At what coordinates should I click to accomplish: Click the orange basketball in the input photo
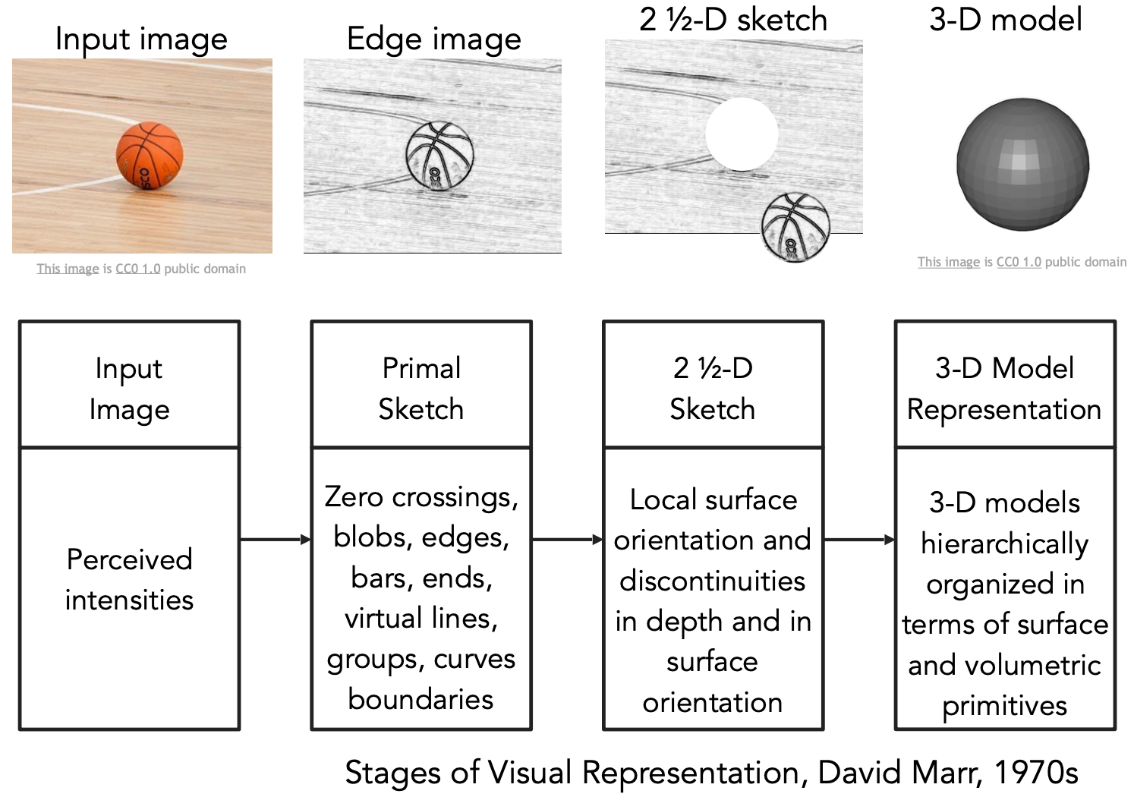(150, 156)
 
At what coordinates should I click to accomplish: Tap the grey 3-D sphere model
(1022, 164)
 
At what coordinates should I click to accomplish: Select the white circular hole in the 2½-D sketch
(742, 134)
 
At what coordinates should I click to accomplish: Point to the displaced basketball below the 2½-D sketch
(795, 227)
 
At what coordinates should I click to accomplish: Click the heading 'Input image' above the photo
(141, 39)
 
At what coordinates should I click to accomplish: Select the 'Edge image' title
(433, 39)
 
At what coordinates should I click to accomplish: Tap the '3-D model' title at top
(1005, 19)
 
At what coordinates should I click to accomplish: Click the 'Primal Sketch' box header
(421, 388)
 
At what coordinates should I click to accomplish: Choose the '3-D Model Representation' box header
(1004, 388)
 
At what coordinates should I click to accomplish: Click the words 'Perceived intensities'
(129, 579)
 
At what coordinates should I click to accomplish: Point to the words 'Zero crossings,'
(421, 496)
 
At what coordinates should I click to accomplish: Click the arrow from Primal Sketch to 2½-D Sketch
(567, 540)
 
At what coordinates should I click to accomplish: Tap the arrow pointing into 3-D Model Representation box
(859, 540)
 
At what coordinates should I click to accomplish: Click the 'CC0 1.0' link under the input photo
(137, 269)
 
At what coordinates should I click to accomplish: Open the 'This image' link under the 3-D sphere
(948, 262)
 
